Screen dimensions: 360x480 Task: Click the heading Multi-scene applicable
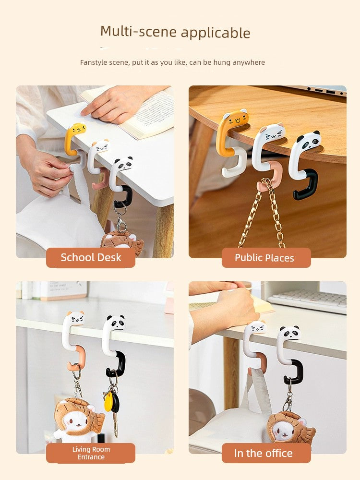click(175, 32)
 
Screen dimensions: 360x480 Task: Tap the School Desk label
click(91, 257)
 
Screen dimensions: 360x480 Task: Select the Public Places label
click(264, 258)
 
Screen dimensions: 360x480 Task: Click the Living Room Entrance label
click(91, 453)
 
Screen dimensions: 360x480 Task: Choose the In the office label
click(264, 453)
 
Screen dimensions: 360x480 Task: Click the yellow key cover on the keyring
click(108, 401)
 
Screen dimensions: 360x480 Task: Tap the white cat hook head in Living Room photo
click(75, 318)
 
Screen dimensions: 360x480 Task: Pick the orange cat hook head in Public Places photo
click(236, 118)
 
